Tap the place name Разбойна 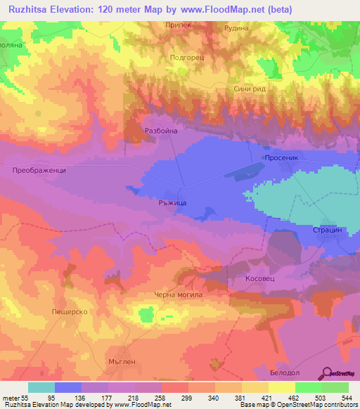(x=160, y=131)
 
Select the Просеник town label (x=282, y=159)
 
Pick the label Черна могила (x=178, y=294)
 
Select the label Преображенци (x=39, y=171)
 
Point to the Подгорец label (x=187, y=58)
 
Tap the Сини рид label (x=249, y=89)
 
